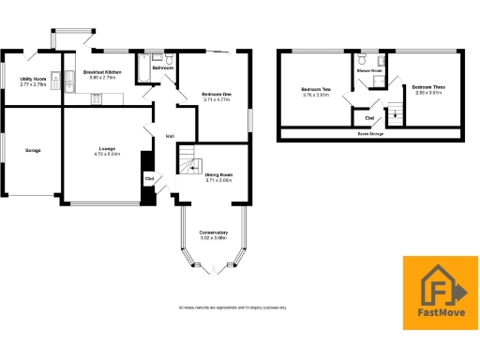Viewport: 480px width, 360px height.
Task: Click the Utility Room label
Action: pyautogui.click(x=33, y=80)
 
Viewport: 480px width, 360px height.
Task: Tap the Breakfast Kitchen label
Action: pyautogui.click(x=102, y=71)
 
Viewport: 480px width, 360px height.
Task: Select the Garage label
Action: pyautogui.click(x=33, y=150)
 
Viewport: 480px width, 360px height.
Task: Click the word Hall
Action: pyautogui.click(x=170, y=137)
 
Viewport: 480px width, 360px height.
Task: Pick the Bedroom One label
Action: pyautogui.click(x=217, y=92)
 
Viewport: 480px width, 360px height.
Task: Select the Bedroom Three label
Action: pyautogui.click(x=426, y=88)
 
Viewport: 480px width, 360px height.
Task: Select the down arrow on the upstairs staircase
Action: pyautogui.click(x=394, y=113)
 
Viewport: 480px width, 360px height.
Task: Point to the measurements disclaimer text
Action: pyautogui.click(x=232, y=307)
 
